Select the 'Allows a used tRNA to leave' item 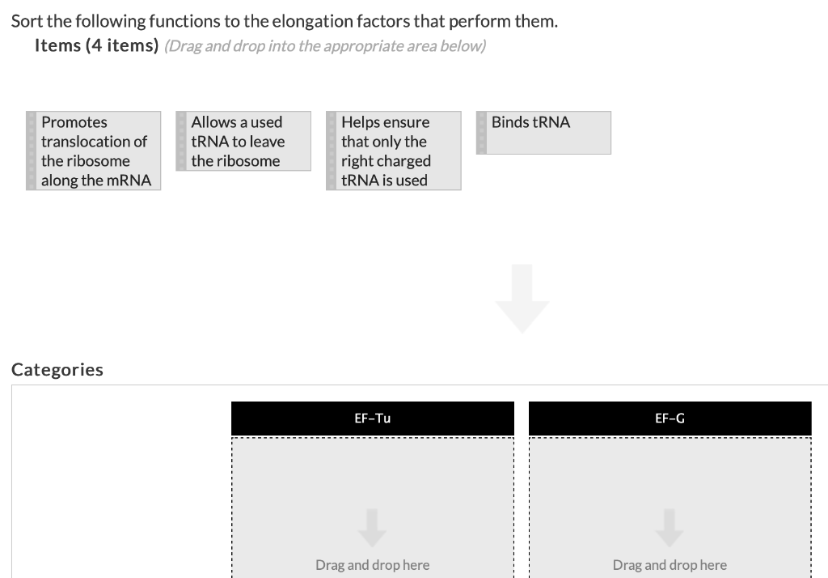pos(243,141)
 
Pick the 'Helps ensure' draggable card pos(394,151)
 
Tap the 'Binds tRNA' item pos(543,132)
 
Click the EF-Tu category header pos(373,419)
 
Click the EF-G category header pos(670,419)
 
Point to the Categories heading pos(57,370)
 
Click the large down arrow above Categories pos(522,298)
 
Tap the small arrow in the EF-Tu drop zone pos(372,526)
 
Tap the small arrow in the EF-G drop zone pos(670,526)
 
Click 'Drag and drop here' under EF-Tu pos(372,565)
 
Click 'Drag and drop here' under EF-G pos(670,565)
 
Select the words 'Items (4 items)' pos(96,46)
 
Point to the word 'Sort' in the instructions pos(27,21)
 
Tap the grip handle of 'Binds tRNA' pos(482,132)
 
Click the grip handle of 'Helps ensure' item pos(332,151)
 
